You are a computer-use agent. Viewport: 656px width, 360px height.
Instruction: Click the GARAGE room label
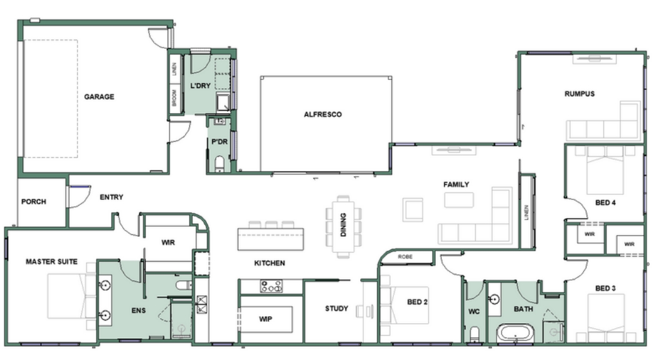99,97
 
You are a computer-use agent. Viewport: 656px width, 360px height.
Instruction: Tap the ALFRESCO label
323,114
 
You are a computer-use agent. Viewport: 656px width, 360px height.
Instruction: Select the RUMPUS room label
580,94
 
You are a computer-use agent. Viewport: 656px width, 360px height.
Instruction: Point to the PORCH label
34,201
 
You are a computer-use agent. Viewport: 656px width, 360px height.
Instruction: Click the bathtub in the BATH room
516,333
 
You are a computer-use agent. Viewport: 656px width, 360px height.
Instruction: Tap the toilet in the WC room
474,334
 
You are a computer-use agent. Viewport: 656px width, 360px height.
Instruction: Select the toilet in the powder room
220,164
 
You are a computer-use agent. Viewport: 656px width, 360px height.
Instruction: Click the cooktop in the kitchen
271,286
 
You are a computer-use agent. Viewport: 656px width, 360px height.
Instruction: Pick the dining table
343,226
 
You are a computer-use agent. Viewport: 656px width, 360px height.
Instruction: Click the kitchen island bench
271,239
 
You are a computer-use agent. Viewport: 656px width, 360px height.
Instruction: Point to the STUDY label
336,309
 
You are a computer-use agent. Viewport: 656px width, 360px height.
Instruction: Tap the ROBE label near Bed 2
405,257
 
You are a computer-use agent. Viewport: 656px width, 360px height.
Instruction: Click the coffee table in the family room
459,200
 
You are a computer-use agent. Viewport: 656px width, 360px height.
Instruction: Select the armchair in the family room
413,209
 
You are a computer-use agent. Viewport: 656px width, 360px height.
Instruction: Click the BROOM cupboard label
174,98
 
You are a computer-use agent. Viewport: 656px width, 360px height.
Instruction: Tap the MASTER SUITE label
51,262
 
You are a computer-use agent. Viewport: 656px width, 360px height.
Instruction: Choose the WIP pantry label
265,319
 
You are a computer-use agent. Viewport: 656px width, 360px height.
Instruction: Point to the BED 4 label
605,202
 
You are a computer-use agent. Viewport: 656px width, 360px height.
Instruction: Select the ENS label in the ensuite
138,310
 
